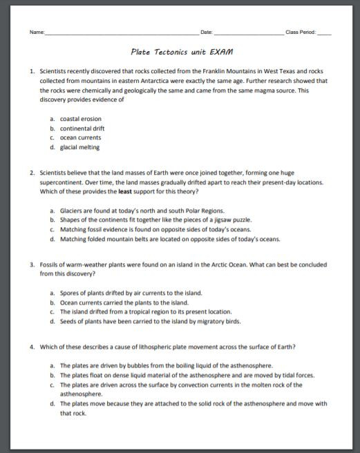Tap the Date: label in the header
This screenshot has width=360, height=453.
206,32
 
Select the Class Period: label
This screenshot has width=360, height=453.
300,32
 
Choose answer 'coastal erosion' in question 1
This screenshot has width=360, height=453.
80,119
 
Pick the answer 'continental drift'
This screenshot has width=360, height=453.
82,128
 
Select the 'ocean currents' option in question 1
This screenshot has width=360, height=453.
80,137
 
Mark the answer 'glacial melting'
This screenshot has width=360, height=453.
79,147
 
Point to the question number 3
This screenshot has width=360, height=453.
32,264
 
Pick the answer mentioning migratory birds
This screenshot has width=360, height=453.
150,321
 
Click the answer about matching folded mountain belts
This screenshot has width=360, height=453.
170,239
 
